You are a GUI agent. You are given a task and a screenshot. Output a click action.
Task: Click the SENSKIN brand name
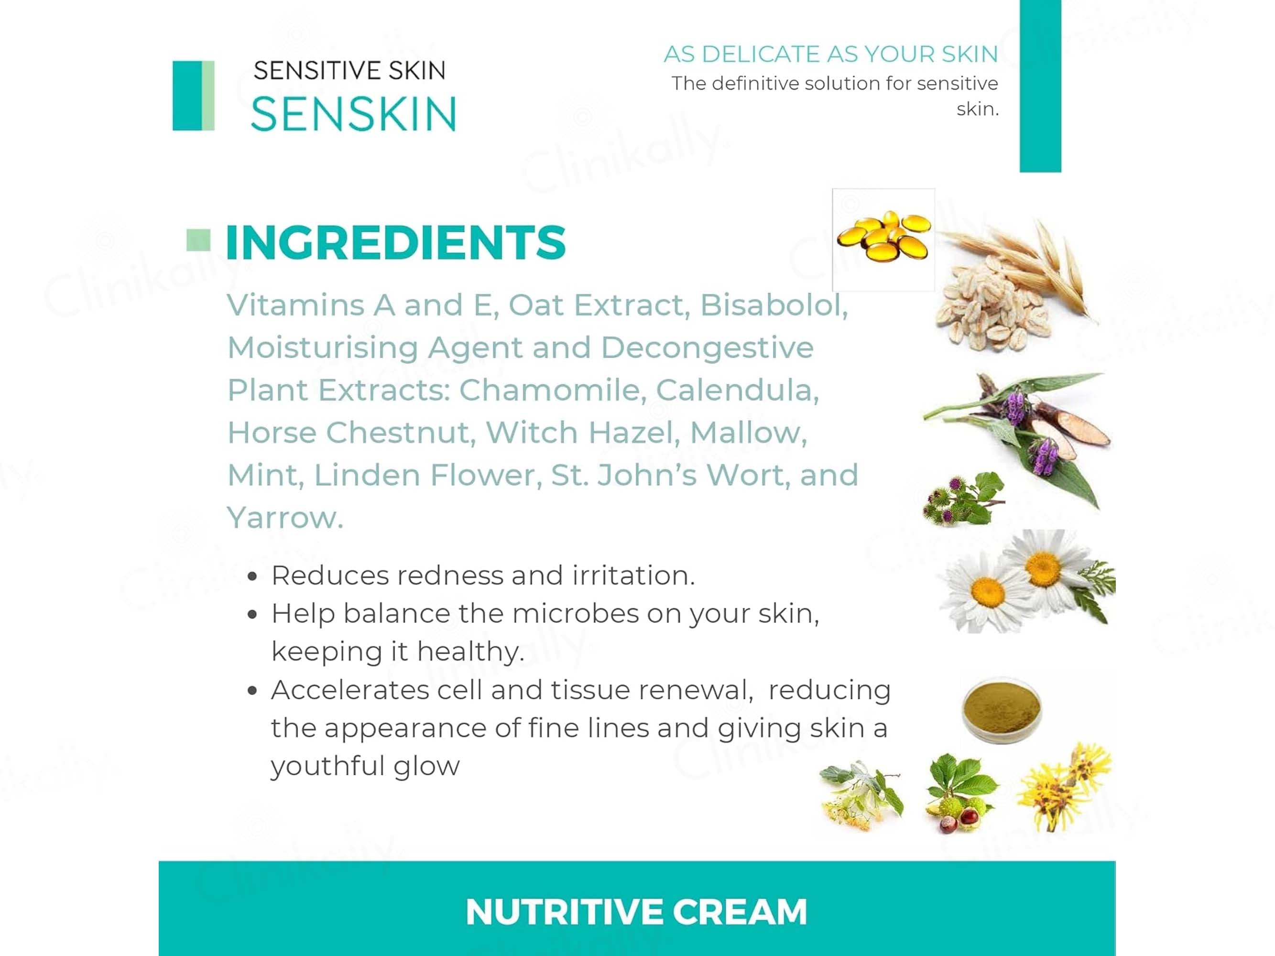(354, 113)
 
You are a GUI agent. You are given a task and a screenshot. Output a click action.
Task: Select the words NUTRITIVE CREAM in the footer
(636, 912)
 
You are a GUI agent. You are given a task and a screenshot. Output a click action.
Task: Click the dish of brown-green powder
(1002, 710)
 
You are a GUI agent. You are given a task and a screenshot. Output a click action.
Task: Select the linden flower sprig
(861, 796)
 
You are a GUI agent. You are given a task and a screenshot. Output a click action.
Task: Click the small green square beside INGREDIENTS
(198, 240)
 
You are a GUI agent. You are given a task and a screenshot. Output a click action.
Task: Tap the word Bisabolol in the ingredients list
(774, 305)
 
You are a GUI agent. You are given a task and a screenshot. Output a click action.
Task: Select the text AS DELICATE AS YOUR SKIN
(830, 54)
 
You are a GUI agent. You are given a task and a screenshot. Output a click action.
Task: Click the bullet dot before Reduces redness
(252, 576)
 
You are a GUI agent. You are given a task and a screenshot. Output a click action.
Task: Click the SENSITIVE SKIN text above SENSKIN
(350, 71)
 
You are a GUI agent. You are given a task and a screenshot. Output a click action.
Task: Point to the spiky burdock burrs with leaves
(963, 499)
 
